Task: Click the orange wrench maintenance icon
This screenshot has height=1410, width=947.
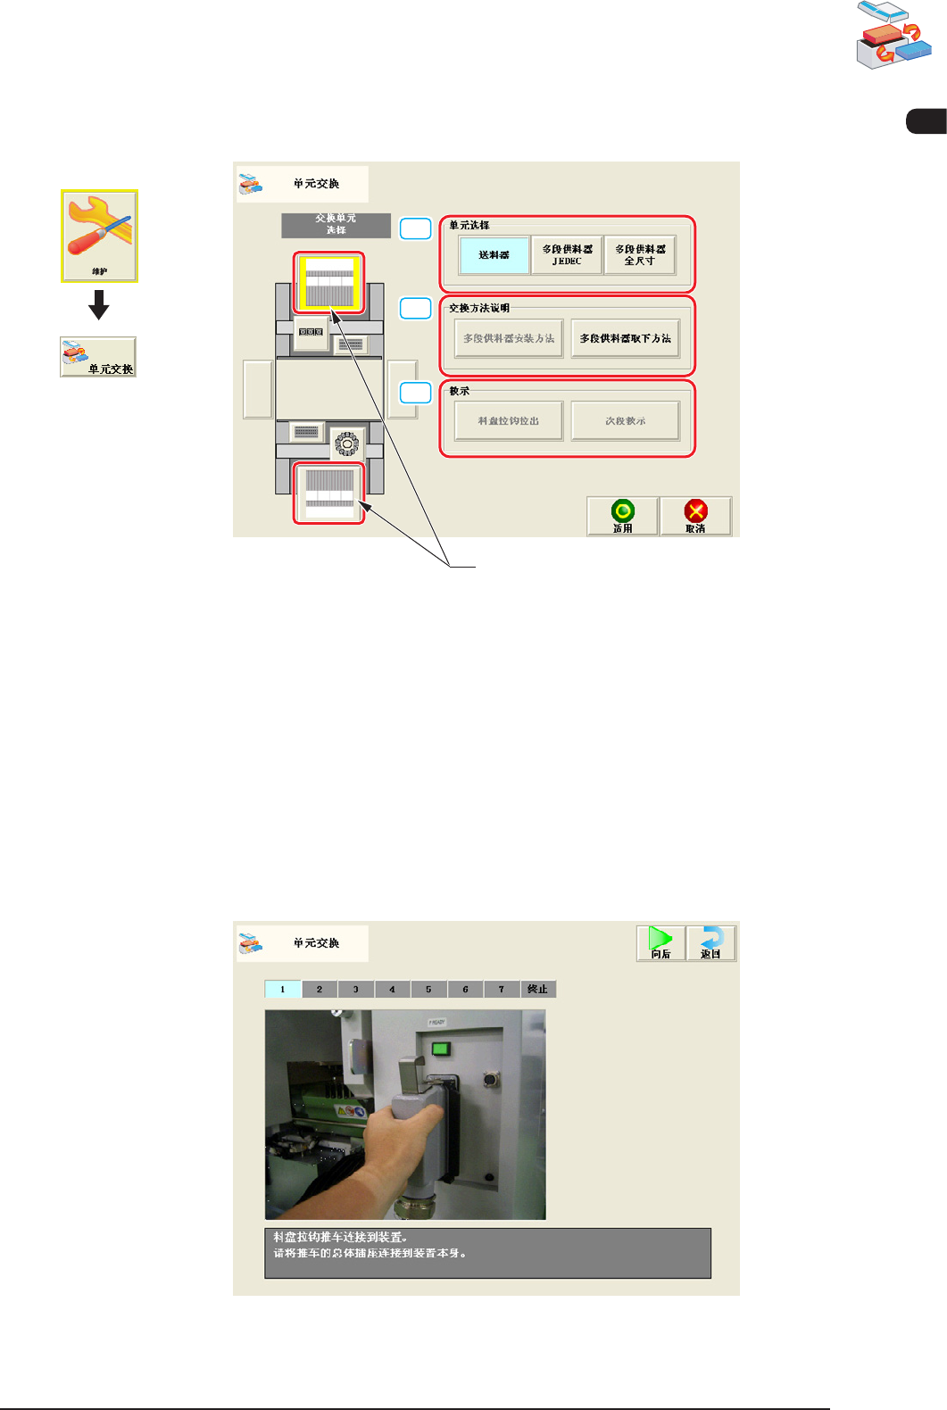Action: coord(99,235)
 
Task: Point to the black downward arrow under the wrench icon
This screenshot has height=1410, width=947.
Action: coord(99,306)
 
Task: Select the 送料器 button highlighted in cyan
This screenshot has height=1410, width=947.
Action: coord(494,255)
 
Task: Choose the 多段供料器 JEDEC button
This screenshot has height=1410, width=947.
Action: coord(567,255)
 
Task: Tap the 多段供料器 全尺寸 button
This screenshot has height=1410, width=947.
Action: coord(639,255)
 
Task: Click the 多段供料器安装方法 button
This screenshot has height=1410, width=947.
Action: coord(509,339)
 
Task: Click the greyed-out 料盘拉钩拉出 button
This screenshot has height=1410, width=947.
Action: coord(509,421)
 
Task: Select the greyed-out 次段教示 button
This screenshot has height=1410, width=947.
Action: coord(625,421)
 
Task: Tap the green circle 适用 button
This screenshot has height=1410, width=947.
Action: coord(622,516)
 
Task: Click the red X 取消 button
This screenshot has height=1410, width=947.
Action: coord(695,516)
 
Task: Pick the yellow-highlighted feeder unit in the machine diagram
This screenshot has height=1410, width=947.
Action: coord(329,282)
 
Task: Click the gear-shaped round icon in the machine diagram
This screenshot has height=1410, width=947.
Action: coord(347,443)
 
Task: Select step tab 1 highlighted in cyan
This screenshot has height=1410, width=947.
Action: coord(283,989)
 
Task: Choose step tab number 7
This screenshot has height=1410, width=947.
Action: coord(502,989)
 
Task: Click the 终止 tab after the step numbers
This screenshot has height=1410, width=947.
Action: coord(537,989)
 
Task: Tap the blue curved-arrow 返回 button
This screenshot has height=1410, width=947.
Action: coord(710,943)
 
